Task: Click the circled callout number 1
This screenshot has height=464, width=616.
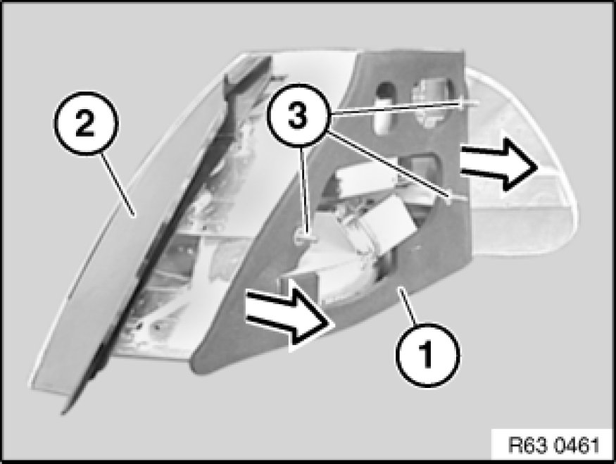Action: coord(427,354)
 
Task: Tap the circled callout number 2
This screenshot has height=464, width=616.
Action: coord(85,123)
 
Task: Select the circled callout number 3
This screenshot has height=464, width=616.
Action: coord(297,114)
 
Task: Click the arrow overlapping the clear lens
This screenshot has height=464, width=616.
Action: coord(498,165)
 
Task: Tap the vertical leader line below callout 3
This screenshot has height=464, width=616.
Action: coord(302,192)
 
